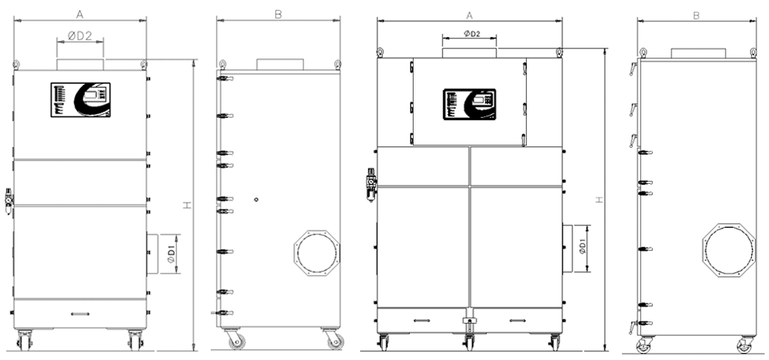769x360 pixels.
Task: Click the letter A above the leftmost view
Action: tap(79, 15)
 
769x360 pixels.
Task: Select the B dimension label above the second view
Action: tap(278, 15)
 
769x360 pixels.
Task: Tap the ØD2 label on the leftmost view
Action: tap(80, 35)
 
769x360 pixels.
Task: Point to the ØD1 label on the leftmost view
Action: tap(171, 254)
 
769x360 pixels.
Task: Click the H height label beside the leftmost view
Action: tap(187, 205)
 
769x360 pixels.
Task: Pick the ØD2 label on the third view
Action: tap(471, 33)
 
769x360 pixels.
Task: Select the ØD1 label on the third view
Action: tap(582, 247)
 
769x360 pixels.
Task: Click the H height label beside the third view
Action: tap(598, 200)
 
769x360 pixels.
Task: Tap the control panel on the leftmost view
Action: tap(80, 100)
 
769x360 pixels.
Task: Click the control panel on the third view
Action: tap(469, 104)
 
